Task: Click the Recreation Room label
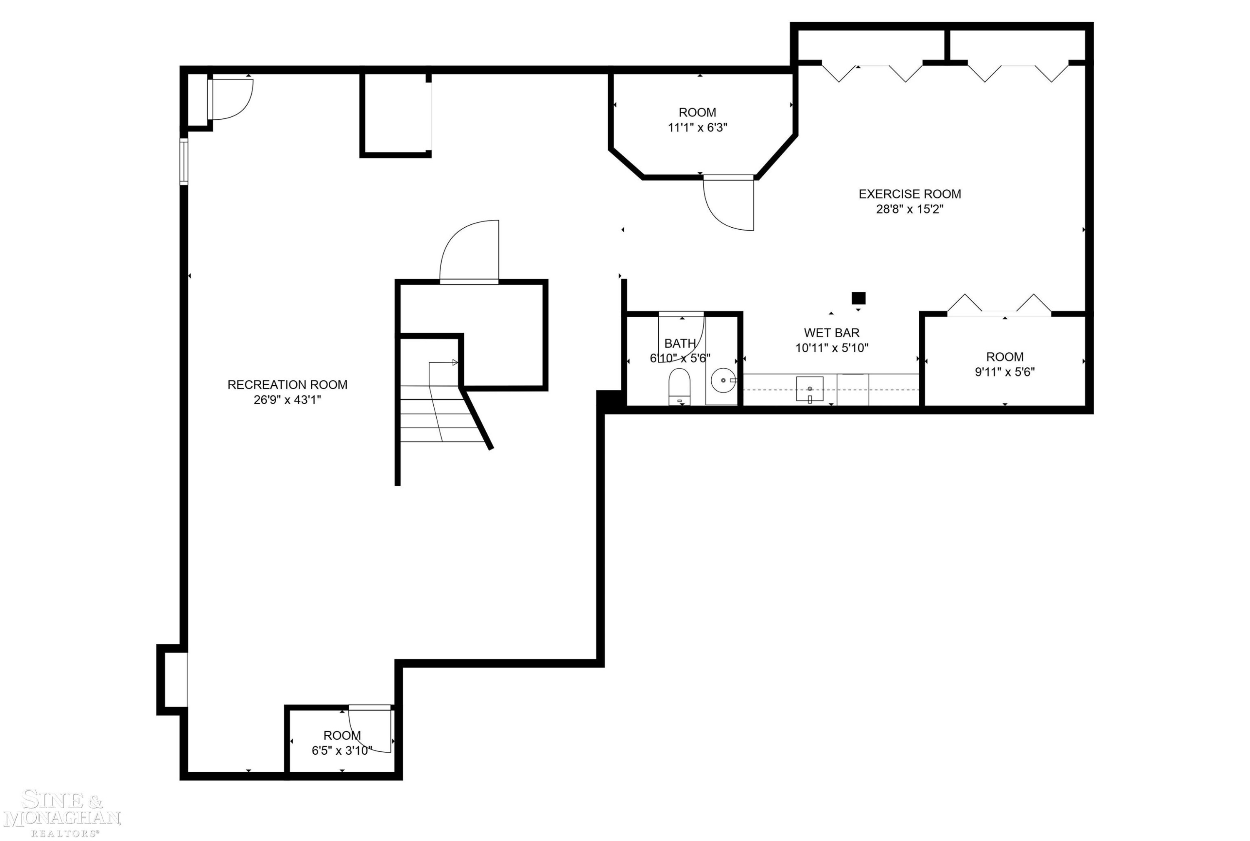pyautogui.click(x=287, y=384)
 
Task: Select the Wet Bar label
pyautogui.click(x=831, y=333)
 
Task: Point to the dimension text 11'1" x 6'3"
pyautogui.click(x=697, y=128)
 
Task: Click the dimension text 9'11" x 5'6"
pyautogui.click(x=1005, y=372)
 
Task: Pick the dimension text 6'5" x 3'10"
pyautogui.click(x=342, y=751)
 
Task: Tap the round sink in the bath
pyautogui.click(x=723, y=380)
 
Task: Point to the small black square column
pyautogui.click(x=858, y=298)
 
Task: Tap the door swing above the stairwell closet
pyautogui.click(x=470, y=251)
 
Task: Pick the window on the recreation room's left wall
pyautogui.click(x=184, y=161)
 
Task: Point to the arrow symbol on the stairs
pyautogui.click(x=443, y=363)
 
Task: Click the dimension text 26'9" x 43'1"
pyautogui.click(x=287, y=399)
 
